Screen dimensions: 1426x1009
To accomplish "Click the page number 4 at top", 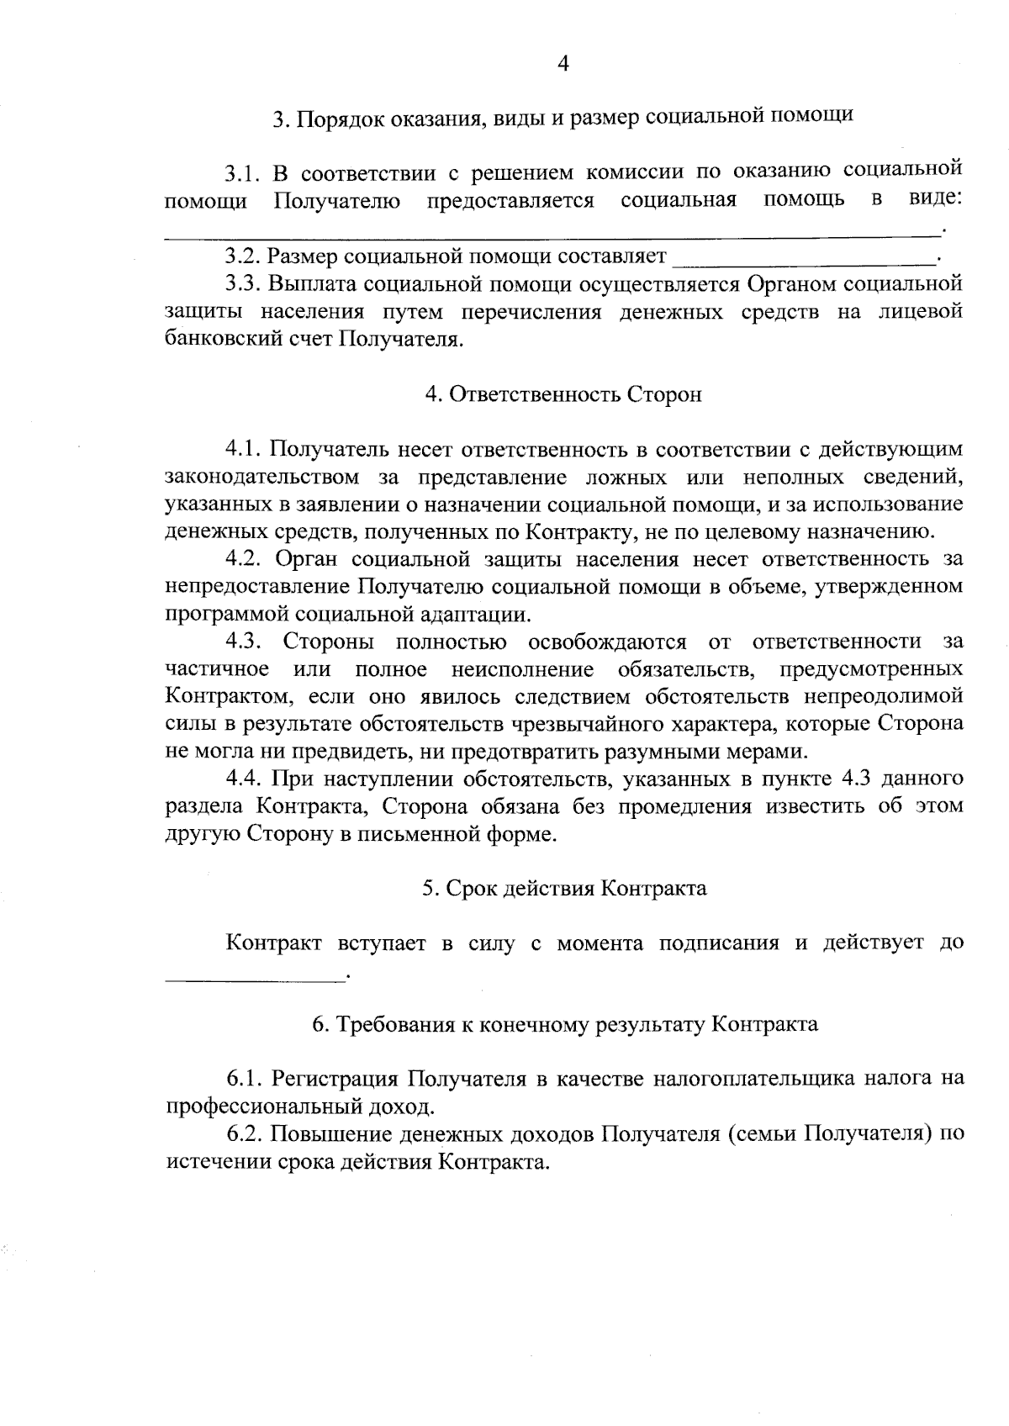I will (563, 64).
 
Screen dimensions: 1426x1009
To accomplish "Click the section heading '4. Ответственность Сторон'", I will (563, 394).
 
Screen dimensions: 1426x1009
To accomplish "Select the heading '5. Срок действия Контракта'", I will (564, 888).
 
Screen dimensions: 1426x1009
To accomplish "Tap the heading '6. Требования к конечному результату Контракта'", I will (564, 1024).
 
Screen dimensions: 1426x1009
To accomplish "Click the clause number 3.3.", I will (241, 283).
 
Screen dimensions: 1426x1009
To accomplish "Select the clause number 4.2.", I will (241, 559).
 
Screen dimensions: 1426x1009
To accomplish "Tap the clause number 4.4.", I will (241, 779).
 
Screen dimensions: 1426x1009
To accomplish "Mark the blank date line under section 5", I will (255, 977).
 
